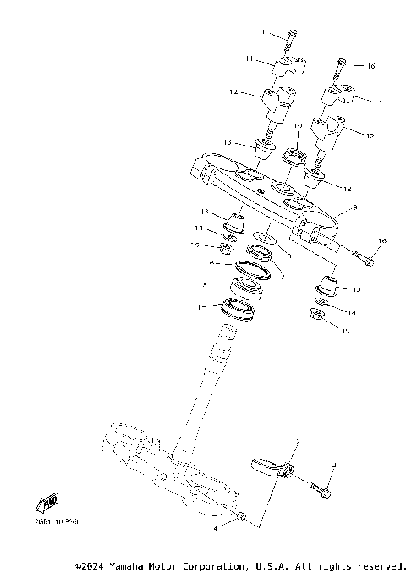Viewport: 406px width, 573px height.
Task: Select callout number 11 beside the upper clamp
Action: (250, 58)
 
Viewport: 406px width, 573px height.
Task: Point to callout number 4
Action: (216, 527)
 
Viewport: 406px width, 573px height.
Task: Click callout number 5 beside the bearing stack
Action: (205, 285)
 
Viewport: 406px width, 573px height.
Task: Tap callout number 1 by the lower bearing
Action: (200, 307)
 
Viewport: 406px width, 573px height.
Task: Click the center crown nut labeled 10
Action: (297, 155)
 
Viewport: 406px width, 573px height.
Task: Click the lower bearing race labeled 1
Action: (239, 311)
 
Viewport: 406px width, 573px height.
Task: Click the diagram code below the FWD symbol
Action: (58, 523)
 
